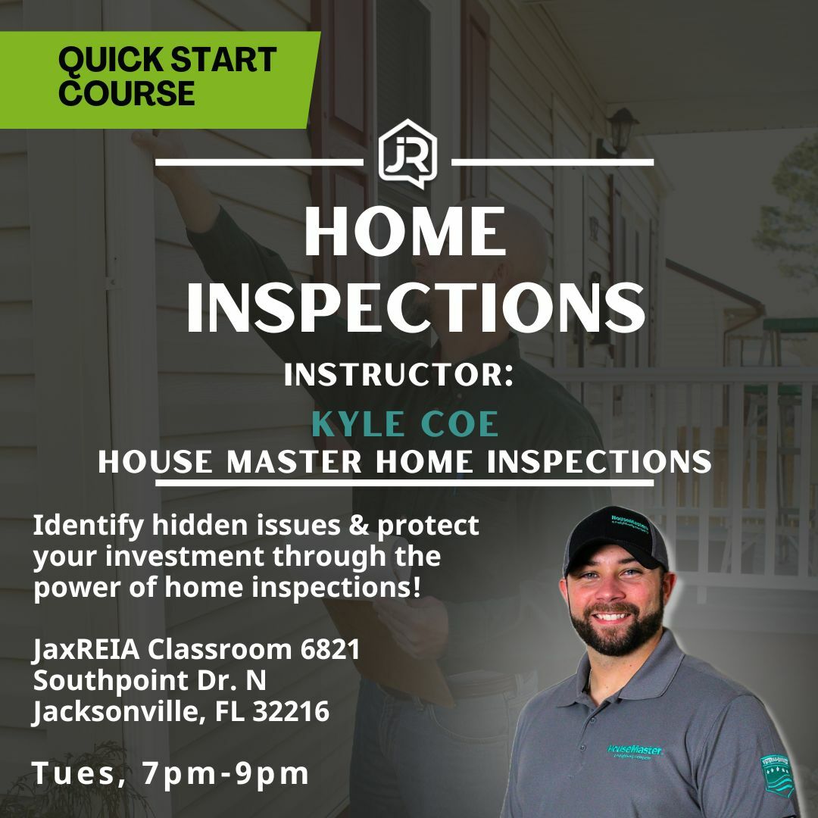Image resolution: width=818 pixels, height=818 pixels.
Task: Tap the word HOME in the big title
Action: tap(406, 233)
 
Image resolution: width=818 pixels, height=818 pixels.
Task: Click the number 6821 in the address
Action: tap(328, 649)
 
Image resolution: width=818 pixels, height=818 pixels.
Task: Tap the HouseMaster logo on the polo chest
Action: tap(635, 751)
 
